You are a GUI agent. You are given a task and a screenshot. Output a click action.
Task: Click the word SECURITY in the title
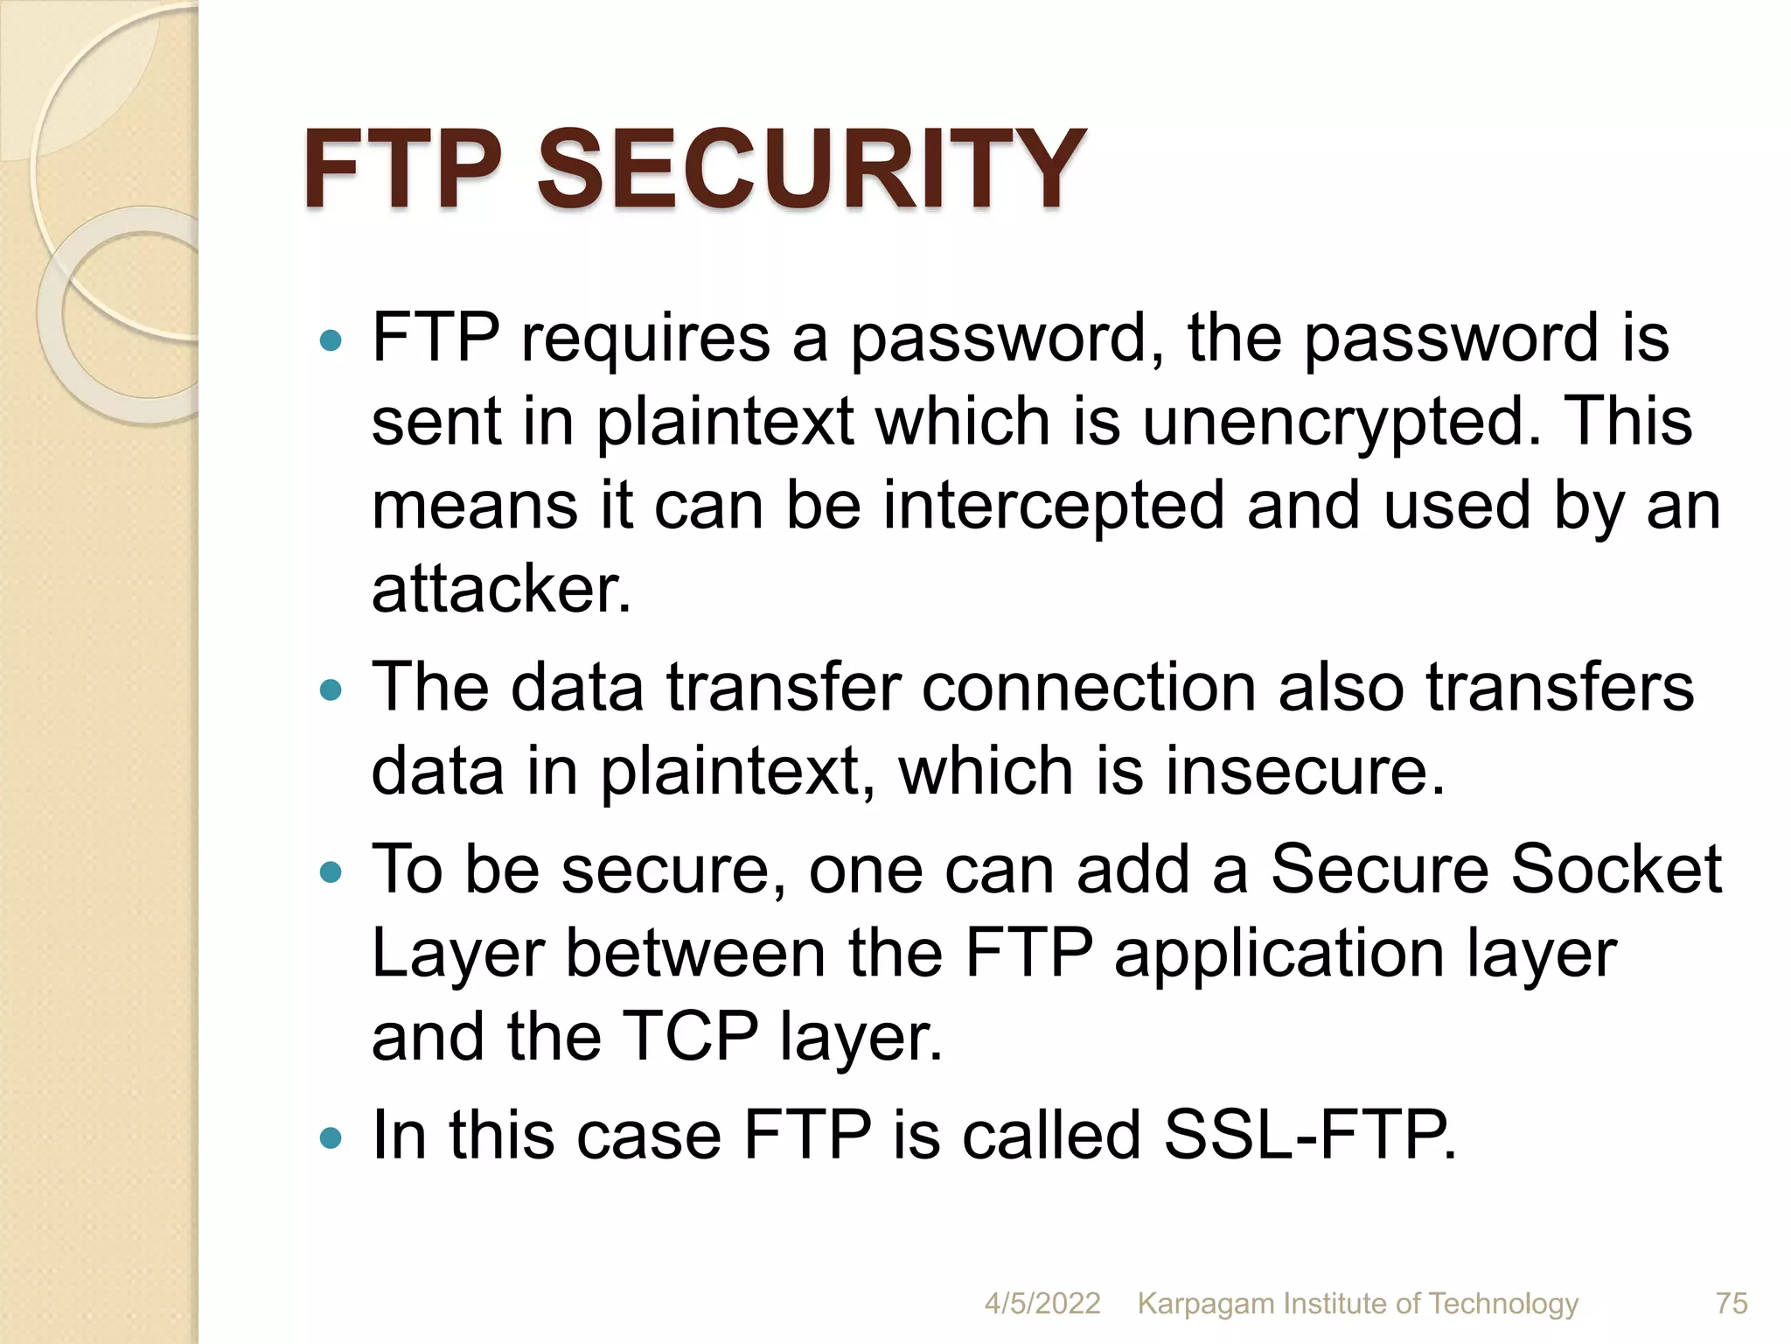pyautogui.click(x=811, y=168)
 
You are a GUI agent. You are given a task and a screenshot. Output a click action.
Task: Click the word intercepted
pyautogui.click(x=1053, y=506)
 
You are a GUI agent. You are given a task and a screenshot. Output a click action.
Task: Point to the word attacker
pyautogui.click(x=500, y=589)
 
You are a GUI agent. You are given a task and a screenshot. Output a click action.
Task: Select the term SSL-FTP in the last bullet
pyautogui.click(x=1310, y=1135)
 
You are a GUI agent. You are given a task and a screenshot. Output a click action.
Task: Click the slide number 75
pyautogui.click(x=1732, y=1303)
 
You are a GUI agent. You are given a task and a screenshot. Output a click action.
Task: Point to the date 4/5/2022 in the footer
pyautogui.click(x=1042, y=1303)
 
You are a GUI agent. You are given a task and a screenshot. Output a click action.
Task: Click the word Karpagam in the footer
pyautogui.click(x=1205, y=1304)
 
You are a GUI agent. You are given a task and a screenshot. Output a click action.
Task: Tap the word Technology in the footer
pyautogui.click(x=1503, y=1304)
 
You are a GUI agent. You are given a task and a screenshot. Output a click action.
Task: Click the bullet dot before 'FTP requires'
pyautogui.click(x=331, y=340)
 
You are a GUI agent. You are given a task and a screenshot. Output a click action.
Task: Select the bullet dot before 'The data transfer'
pyautogui.click(x=331, y=690)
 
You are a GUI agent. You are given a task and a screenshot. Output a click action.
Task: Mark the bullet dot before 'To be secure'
pyautogui.click(x=331, y=872)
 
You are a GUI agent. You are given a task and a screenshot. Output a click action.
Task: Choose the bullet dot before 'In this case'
pyautogui.click(x=331, y=1138)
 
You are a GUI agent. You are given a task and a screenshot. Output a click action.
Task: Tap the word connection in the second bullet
pyautogui.click(x=1088, y=688)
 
